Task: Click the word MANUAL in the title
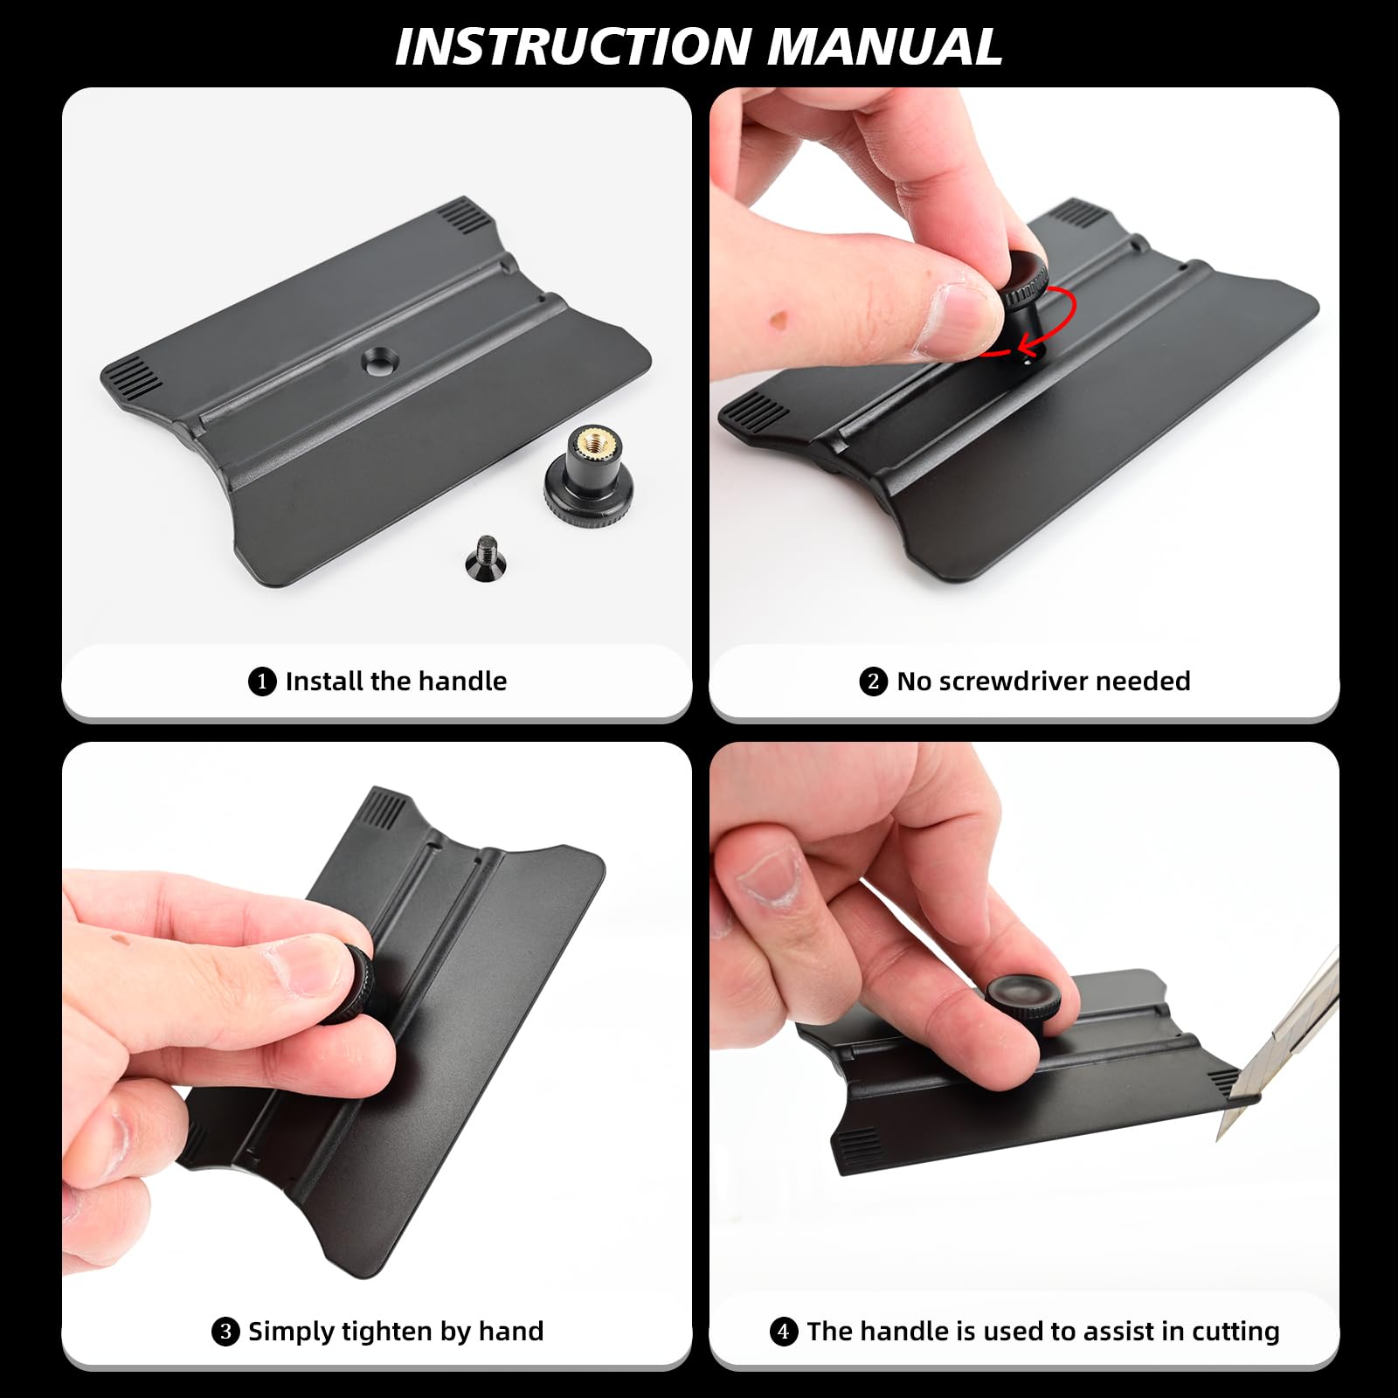[x=884, y=46]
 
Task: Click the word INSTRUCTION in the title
[x=572, y=46]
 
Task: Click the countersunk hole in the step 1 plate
[x=378, y=359]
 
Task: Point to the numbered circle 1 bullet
[x=262, y=682]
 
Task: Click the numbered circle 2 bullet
[x=873, y=682]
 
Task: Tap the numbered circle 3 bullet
[x=225, y=1332]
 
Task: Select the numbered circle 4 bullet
[x=784, y=1332]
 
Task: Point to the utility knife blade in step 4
[x=1276, y=1048]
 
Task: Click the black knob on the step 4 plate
[x=1024, y=1000]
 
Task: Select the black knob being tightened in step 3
[x=352, y=986]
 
